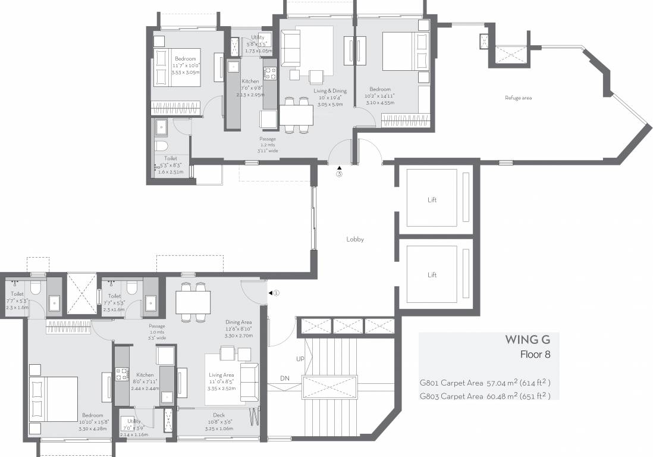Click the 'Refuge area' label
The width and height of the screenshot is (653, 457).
518,98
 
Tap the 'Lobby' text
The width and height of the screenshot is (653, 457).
355,239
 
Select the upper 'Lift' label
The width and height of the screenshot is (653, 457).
432,200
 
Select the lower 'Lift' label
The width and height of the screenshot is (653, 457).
432,275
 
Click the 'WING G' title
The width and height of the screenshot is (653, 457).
528,340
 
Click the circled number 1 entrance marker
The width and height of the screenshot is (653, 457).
276,293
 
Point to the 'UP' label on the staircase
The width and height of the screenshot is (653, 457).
300,359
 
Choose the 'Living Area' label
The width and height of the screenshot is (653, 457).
221,375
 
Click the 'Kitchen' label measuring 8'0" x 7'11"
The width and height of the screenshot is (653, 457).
145,375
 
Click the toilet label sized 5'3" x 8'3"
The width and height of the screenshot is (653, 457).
171,159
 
